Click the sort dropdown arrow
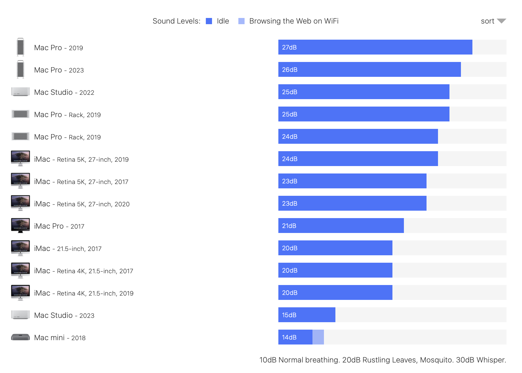click(x=501, y=21)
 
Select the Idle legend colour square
click(x=209, y=21)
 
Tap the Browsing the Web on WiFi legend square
click(x=241, y=21)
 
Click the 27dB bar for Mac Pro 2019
click(x=375, y=47)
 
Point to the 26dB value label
click(x=290, y=70)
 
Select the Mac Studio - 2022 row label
click(x=64, y=92)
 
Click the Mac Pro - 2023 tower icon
click(x=20, y=69)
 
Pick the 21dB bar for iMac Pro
click(x=341, y=226)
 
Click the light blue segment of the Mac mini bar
click(x=318, y=337)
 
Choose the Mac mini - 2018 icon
click(x=20, y=337)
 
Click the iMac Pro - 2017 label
click(x=59, y=226)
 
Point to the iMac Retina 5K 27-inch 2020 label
click(x=82, y=204)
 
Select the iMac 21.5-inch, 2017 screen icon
click(x=20, y=248)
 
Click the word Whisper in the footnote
click(x=491, y=360)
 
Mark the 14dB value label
click(x=289, y=337)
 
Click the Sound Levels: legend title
click(x=176, y=21)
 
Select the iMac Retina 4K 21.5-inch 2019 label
click(x=84, y=293)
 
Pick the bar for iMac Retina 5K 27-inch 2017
click(x=352, y=181)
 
